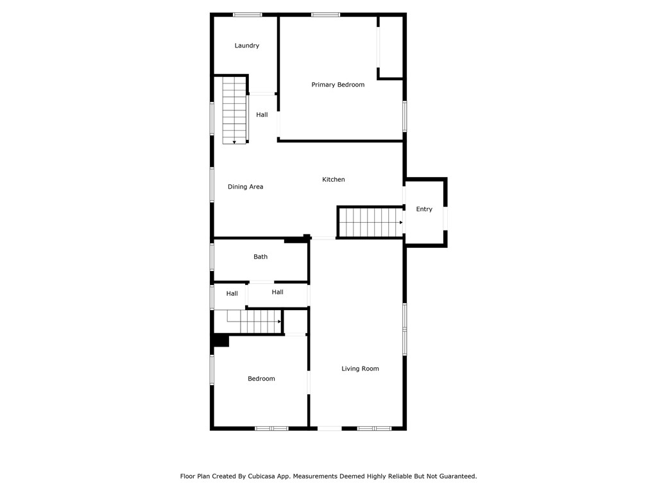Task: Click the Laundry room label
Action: tap(247, 46)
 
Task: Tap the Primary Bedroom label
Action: tap(338, 85)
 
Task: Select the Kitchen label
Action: tap(334, 180)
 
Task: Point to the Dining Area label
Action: tap(246, 187)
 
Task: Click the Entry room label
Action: tap(424, 209)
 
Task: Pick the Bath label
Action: tap(260, 257)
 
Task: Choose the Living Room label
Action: tap(360, 368)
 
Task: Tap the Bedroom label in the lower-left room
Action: tap(261, 379)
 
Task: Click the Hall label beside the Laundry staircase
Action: tap(262, 115)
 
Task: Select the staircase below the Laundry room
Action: tap(234, 110)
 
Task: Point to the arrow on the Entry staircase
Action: tap(400, 223)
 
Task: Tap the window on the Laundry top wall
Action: tap(247, 14)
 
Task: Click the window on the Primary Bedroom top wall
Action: tap(325, 14)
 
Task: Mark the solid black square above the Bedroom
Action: tap(221, 340)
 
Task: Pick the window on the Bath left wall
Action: tap(212, 257)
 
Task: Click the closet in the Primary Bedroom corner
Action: tap(391, 47)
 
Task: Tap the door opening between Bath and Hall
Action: tap(261, 282)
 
